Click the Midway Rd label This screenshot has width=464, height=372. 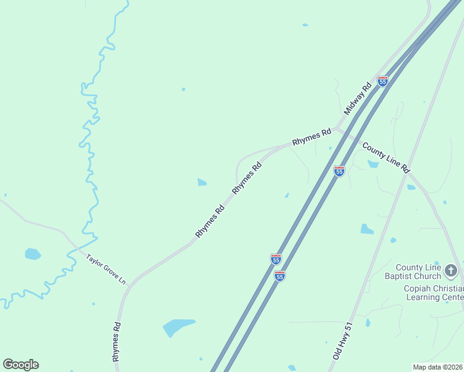click(x=358, y=98)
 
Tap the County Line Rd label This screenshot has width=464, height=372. click(x=386, y=157)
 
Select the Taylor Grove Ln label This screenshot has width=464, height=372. click(x=106, y=270)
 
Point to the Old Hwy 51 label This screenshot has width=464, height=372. click(x=342, y=340)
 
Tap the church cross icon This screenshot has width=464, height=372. click(x=451, y=271)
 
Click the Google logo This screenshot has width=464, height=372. click(x=21, y=364)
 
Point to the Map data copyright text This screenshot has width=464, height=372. click(x=438, y=366)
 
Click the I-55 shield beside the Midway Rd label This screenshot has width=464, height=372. click(x=383, y=81)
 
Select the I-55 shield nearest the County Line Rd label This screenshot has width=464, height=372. click(x=339, y=171)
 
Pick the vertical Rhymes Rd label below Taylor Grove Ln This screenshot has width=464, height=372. click(x=116, y=341)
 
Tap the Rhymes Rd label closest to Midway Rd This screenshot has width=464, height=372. click(x=312, y=137)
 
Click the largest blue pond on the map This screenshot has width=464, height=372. click(x=179, y=326)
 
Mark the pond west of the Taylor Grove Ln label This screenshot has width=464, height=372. click(x=33, y=254)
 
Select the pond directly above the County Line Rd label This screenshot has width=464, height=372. click(x=373, y=164)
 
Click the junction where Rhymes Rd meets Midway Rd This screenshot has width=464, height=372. click(x=336, y=130)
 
